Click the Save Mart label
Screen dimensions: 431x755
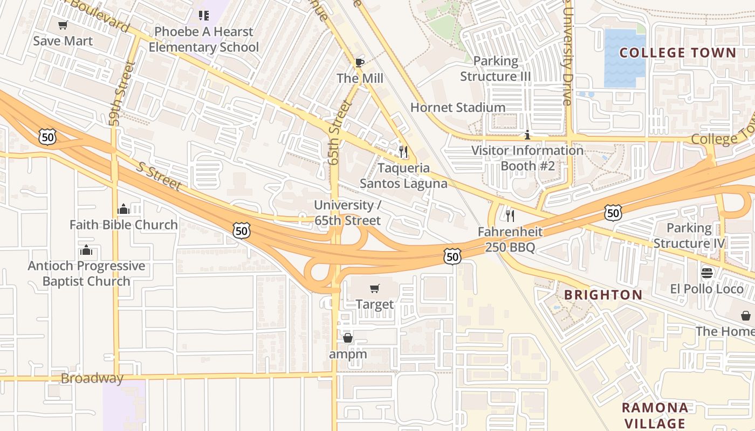pyautogui.click(x=63, y=41)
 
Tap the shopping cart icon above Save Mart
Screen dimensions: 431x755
pyautogui.click(x=63, y=25)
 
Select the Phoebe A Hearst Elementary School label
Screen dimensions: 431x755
pyautogui.click(x=203, y=39)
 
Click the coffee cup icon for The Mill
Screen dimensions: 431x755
pyautogui.click(x=360, y=62)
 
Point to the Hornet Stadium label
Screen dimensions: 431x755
pyautogui.click(x=458, y=107)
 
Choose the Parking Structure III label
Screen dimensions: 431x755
pyautogui.click(x=495, y=69)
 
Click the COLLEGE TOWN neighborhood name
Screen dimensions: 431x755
pyautogui.click(x=677, y=53)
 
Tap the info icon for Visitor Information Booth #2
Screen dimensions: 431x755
pyautogui.click(x=527, y=135)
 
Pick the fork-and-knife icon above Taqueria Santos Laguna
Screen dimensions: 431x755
pyautogui.click(x=403, y=151)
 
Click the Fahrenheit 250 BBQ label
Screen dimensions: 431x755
pyautogui.click(x=510, y=240)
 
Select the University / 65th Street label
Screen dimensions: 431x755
pyautogui.click(x=348, y=213)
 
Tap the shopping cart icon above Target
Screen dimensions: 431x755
pyautogui.click(x=375, y=289)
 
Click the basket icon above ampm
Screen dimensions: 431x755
pyautogui.click(x=348, y=338)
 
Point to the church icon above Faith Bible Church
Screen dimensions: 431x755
pyautogui.click(x=123, y=209)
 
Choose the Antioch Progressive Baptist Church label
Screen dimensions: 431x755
pyautogui.click(x=86, y=273)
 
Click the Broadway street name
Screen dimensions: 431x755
pyautogui.click(x=92, y=378)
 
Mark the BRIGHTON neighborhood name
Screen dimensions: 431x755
pyautogui.click(x=603, y=295)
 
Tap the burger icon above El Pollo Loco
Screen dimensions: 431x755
pyautogui.click(x=707, y=273)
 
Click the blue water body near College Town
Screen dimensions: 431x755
pyautogui.click(x=624, y=58)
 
